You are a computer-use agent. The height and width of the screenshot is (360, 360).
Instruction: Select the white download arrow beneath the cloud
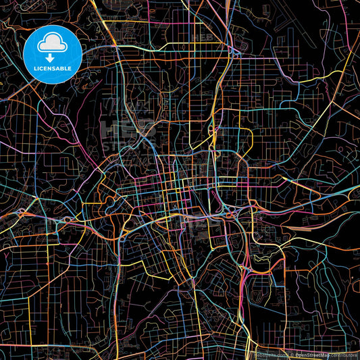point(51,57)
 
